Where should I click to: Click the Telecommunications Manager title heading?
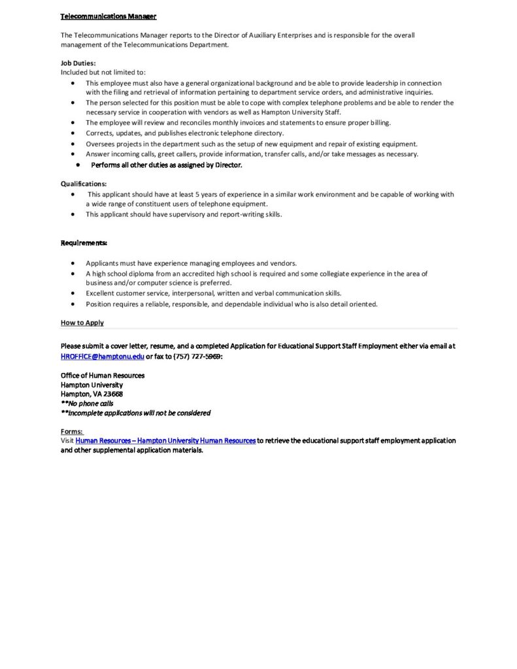pyautogui.click(x=108, y=16)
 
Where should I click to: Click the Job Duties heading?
pyautogui.click(x=78, y=63)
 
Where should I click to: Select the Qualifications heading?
pyautogui.click(x=84, y=184)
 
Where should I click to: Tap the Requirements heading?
pyautogui.click(x=84, y=243)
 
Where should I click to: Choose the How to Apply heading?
pyautogui.click(x=82, y=323)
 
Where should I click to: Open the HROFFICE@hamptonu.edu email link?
pyautogui.click(x=102, y=356)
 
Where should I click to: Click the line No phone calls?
pyautogui.click(x=87, y=403)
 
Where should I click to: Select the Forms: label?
pyautogui.click(x=71, y=432)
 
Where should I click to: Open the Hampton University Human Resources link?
pyautogui.click(x=165, y=441)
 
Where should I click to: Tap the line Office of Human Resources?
pyautogui.click(x=102, y=376)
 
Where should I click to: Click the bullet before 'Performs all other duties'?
pyautogui.click(x=78, y=165)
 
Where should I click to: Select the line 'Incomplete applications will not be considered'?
pyautogui.click(x=135, y=413)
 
